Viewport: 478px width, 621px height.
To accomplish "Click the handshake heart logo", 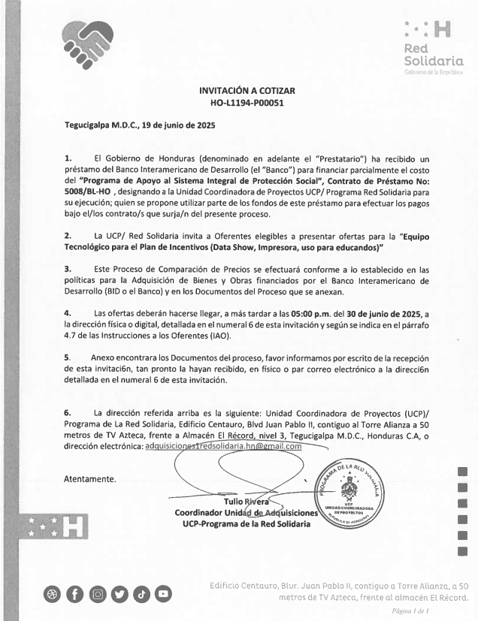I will tap(85, 41).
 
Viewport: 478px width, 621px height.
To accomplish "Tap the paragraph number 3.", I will tap(68, 269).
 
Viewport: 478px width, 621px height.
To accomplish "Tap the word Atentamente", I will tap(89, 478).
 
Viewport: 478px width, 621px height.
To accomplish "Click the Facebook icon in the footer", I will tap(75, 595).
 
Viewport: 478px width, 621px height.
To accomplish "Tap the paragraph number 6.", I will tap(68, 413).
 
